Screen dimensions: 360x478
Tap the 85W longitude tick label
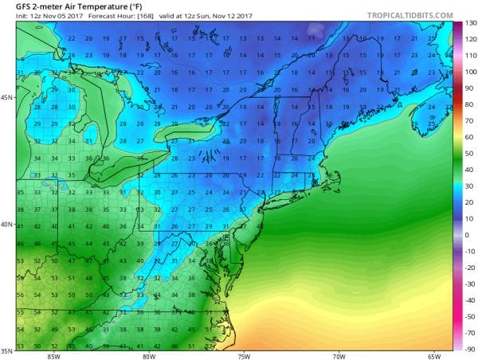pyautogui.click(x=53, y=354)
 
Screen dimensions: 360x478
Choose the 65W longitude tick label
pyautogui.click(x=435, y=354)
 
